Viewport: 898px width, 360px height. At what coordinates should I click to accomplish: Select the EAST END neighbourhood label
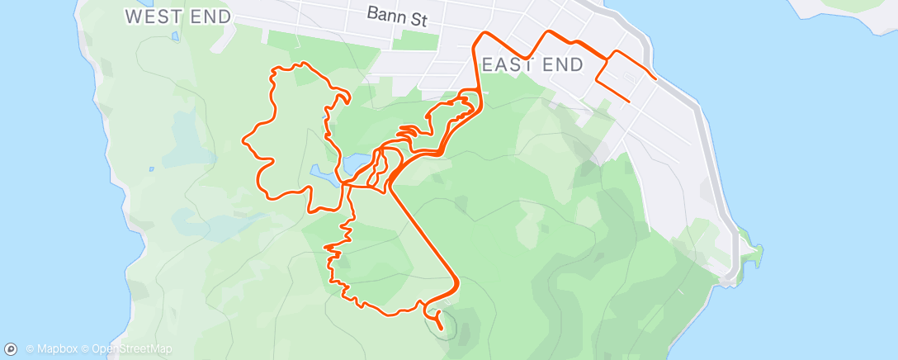[x=532, y=64]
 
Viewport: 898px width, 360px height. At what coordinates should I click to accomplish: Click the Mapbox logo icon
[x=11, y=349]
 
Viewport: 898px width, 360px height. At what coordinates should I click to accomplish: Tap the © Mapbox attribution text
[x=53, y=349]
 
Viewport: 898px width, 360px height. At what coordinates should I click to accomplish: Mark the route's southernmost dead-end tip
[x=442, y=329]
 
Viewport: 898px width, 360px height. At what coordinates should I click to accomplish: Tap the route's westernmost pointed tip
[x=243, y=139]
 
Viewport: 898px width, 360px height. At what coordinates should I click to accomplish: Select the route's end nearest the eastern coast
[x=656, y=79]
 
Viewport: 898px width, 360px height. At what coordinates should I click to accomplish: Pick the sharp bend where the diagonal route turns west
[x=456, y=284]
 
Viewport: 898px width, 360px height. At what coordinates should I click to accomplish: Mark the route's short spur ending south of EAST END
[x=630, y=101]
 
